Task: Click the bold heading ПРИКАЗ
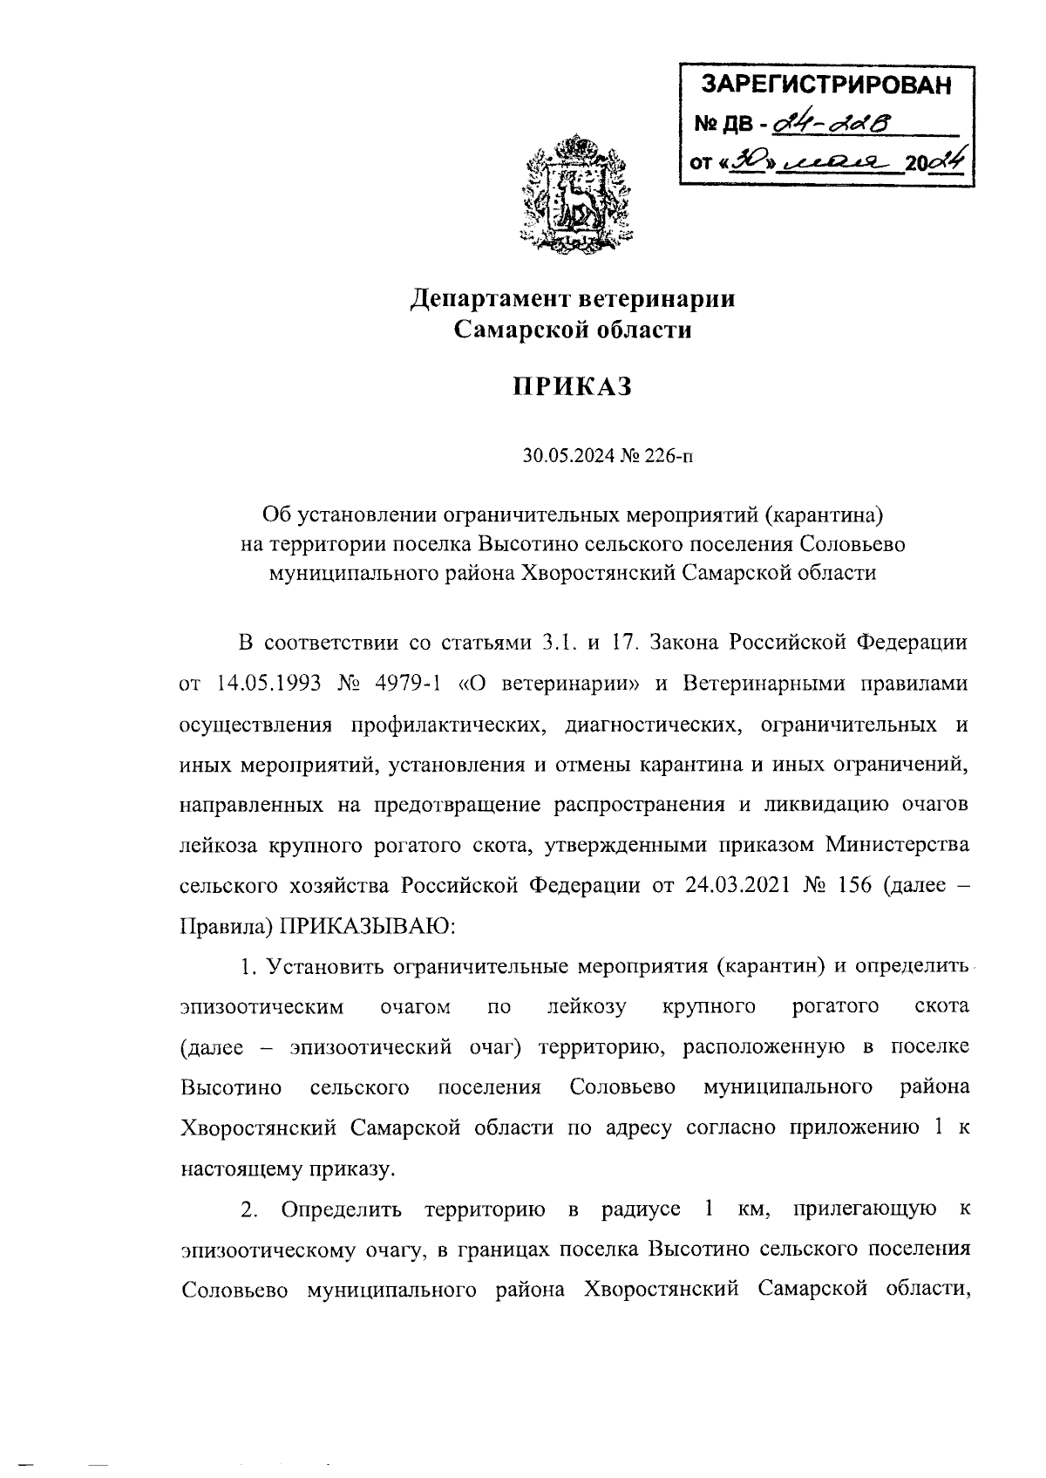[x=571, y=385]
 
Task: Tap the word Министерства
[x=898, y=845]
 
